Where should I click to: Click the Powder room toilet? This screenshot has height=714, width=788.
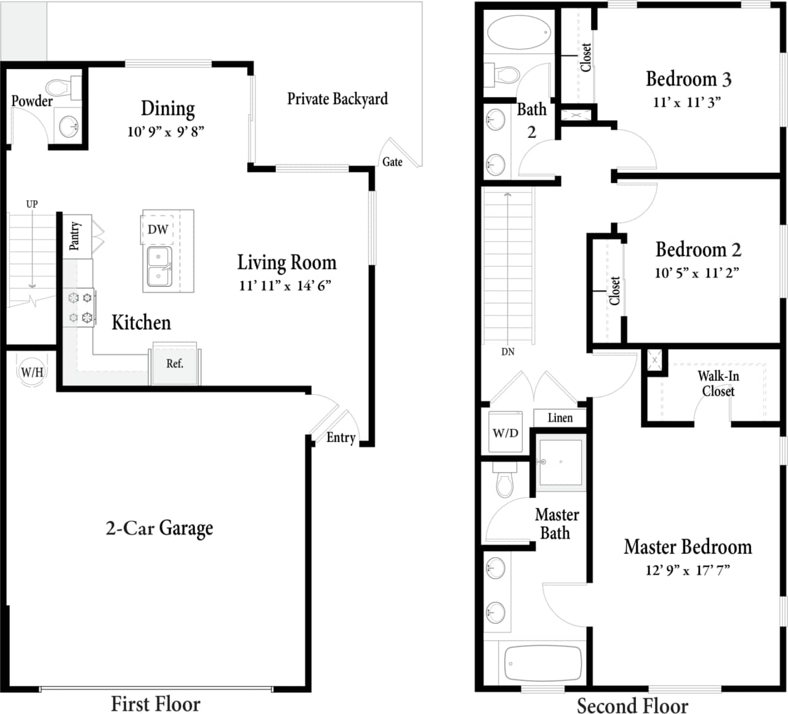60,87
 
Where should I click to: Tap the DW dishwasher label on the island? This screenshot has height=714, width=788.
158,230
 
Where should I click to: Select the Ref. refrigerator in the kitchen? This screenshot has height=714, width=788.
175,364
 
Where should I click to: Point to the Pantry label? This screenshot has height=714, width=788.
74,236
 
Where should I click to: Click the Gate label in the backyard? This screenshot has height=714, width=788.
392,162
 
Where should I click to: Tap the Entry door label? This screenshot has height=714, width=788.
340,438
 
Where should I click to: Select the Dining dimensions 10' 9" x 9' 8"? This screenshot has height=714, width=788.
166,132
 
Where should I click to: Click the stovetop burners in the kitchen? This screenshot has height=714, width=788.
80,308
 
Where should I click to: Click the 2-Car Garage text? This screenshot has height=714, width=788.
159,528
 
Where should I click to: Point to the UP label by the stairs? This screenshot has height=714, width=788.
32,204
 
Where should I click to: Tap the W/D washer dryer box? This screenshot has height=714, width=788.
505,433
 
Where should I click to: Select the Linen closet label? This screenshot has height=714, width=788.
560,418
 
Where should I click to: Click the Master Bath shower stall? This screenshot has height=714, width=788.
560,462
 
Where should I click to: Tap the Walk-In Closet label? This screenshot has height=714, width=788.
718,383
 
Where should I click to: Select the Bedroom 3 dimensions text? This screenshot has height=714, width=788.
686,103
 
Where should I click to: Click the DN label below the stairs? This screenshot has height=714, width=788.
508,352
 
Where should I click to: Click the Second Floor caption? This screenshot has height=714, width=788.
632,705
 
